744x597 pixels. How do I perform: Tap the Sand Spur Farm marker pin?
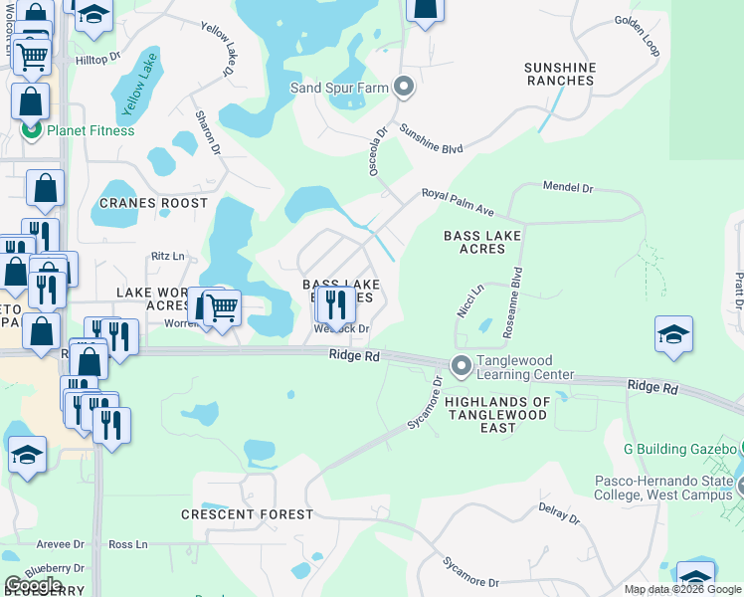[x=403, y=88]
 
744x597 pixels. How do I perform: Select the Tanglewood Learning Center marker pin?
[x=461, y=366]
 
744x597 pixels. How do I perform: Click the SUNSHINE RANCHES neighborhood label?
[x=560, y=74]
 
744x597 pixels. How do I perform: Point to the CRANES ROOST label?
[x=154, y=203]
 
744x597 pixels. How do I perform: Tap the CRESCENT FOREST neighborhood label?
[x=247, y=514]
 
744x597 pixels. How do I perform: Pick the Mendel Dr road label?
[x=567, y=187]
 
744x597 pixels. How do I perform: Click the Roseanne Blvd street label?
[x=516, y=291]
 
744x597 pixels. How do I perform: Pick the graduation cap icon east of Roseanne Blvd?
[x=673, y=335]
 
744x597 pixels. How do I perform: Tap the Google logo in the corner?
[x=34, y=585]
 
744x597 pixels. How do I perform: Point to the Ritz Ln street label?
[x=168, y=257]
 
